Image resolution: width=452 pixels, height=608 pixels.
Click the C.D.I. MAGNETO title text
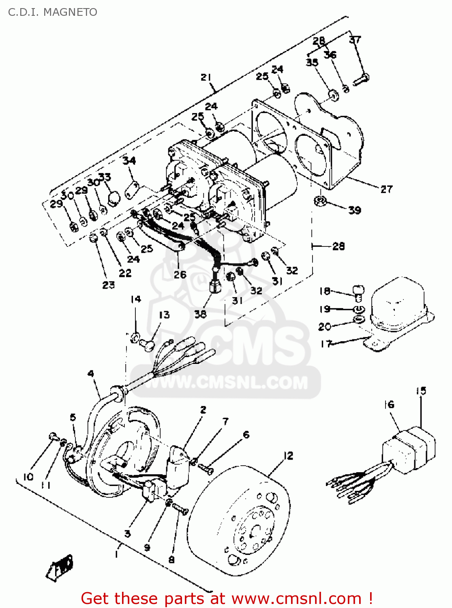pyautogui.click(x=53, y=12)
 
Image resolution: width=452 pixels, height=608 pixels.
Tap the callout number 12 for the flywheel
pyautogui.click(x=288, y=456)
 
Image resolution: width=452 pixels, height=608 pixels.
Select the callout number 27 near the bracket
pyautogui.click(x=386, y=189)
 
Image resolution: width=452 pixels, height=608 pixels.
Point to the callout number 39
pyautogui.click(x=354, y=210)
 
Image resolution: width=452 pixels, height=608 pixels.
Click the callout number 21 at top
pyautogui.click(x=206, y=77)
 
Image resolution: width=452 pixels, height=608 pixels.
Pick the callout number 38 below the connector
pyautogui.click(x=200, y=314)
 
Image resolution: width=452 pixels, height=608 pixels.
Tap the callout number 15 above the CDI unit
pyautogui.click(x=421, y=391)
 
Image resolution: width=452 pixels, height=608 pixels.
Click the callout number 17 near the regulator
pyautogui.click(x=326, y=344)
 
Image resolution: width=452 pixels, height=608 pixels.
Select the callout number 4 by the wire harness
pyautogui.click(x=91, y=373)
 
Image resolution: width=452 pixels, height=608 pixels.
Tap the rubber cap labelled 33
pyautogui.click(x=114, y=198)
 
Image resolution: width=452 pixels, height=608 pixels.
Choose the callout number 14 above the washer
pyautogui.click(x=135, y=299)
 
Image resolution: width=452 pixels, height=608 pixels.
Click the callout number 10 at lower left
pyautogui.click(x=28, y=477)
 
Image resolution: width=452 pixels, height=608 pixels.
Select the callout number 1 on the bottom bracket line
pyautogui.click(x=116, y=553)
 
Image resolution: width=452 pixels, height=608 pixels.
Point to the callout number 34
pyautogui.click(x=129, y=161)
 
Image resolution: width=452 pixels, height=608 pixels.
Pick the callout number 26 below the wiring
pyautogui.click(x=180, y=274)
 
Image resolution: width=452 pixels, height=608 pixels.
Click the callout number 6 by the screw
pyautogui.click(x=246, y=435)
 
